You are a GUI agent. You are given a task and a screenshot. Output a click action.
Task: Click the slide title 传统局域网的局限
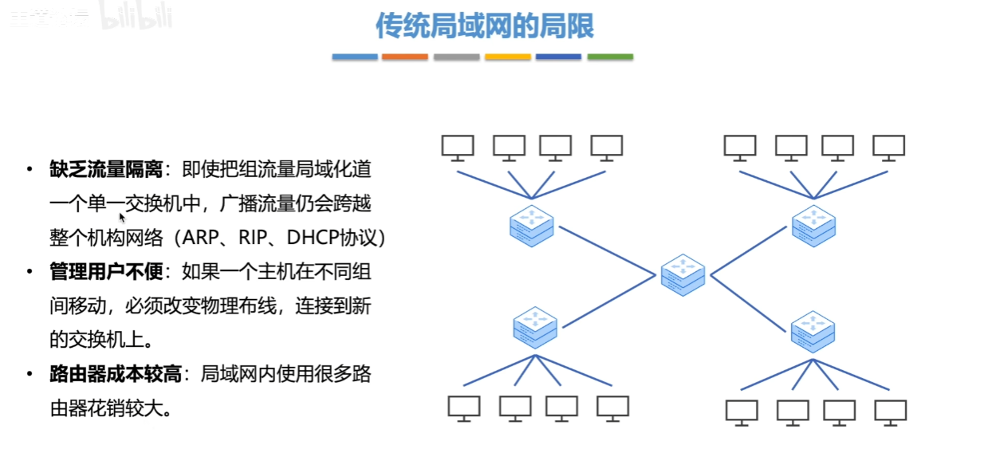(485, 26)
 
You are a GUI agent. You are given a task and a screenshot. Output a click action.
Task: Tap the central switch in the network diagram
(683, 275)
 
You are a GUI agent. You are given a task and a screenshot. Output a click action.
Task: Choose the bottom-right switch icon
(813, 332)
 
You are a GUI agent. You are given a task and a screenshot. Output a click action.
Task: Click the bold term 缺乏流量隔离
(106, 169)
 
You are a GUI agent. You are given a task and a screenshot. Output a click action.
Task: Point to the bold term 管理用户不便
(106, 272)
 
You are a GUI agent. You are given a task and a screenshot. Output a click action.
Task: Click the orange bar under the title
(405, 57)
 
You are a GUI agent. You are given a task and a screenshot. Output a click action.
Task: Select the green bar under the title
(610, 57)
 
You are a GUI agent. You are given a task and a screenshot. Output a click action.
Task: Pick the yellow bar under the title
(507, 57)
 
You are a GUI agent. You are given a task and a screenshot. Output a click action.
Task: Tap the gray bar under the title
(456, 57)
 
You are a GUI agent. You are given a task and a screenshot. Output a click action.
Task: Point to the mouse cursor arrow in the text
(122, 216)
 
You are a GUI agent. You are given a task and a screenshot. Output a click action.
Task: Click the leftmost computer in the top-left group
(458, 147)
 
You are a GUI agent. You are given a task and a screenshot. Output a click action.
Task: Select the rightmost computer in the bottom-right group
(890, 412)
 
